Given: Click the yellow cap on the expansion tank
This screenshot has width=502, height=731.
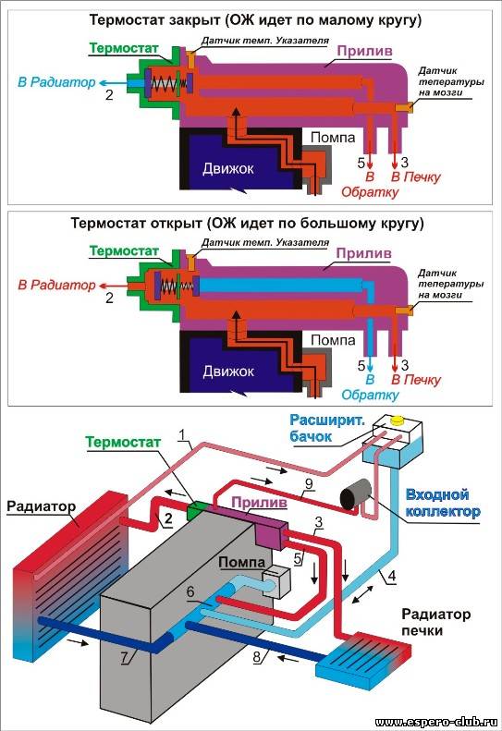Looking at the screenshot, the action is coord(398,420).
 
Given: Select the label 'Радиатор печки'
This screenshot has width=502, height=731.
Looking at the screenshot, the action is coord(435,622).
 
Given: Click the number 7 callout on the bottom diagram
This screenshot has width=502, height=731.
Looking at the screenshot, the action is coord(124,657).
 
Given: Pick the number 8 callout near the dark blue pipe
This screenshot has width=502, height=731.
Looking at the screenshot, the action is coord(256,657).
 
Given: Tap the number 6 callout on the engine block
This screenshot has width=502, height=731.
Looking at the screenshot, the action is coord(190,591).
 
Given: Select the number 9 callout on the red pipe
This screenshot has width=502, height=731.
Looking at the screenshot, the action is coord(309,484).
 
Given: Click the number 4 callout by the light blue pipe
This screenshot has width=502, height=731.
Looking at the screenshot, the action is coord(392,577).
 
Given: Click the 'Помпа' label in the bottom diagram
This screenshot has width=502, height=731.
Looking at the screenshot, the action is coord(241,563).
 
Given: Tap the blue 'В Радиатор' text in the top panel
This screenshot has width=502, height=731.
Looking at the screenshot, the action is coord(56,82).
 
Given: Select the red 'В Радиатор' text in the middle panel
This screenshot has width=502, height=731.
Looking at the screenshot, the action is coord(56,285).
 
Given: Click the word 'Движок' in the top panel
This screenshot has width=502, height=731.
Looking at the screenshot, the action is coord(228,168).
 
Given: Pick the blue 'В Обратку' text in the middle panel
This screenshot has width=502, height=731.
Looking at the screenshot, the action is coord(370,387).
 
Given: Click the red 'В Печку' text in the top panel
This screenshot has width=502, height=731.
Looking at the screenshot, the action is coord(416,177).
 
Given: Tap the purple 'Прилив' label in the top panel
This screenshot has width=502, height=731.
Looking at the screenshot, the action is coord(364,51).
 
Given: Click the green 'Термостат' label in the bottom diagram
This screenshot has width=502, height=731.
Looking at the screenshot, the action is coord(123,442).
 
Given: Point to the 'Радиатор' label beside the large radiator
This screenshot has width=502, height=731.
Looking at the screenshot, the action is coord(41,506).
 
